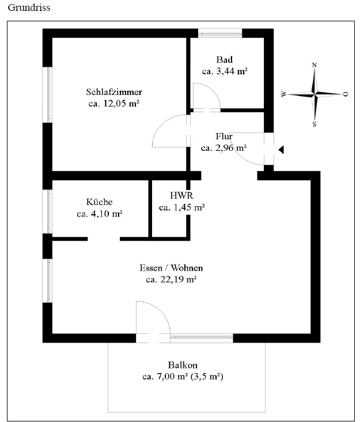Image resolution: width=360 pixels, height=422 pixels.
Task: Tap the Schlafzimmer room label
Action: (114, 92)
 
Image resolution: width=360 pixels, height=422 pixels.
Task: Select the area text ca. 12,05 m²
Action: (114, 104)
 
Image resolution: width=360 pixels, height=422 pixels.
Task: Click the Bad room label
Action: (224, 60)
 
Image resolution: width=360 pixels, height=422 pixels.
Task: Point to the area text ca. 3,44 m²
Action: (225, 71)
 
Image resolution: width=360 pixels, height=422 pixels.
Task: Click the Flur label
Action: (224, 136)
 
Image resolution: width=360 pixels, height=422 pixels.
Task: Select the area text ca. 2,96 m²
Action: (224, 148)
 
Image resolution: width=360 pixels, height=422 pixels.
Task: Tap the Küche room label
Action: (99, 202)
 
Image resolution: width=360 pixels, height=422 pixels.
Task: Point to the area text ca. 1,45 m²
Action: (182, 207)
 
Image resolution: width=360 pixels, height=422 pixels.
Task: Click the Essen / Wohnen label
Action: (171, 268)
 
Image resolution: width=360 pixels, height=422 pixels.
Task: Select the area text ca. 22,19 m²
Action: (171, 280)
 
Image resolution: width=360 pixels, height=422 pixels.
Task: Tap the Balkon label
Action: (183, 365)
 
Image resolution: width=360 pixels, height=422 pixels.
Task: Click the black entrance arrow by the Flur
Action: (281, 150)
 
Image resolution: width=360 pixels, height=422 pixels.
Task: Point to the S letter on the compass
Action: (314, 123)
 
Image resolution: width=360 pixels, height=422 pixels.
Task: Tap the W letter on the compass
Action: (283, 94)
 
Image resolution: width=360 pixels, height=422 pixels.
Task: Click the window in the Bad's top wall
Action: (220, 33)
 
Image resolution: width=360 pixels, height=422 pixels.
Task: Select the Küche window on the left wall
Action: (48, 211)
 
